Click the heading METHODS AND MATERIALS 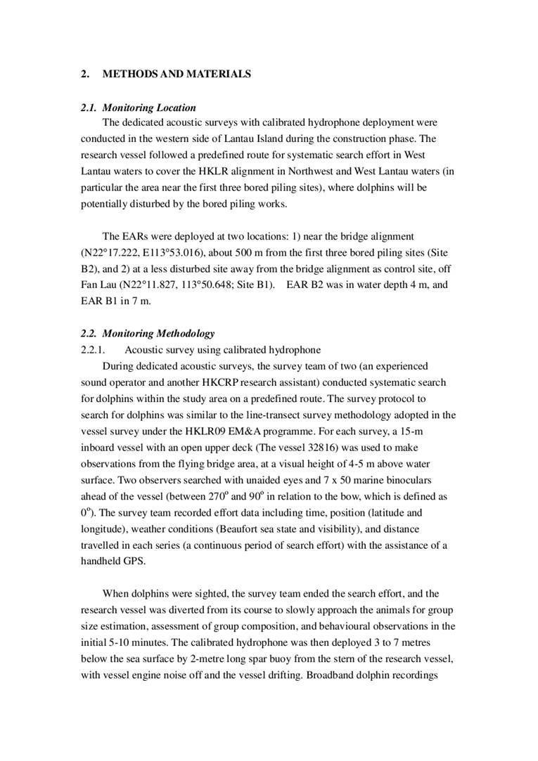click(177, 74)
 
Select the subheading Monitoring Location click(149, 108)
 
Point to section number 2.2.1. click(93, 350)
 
